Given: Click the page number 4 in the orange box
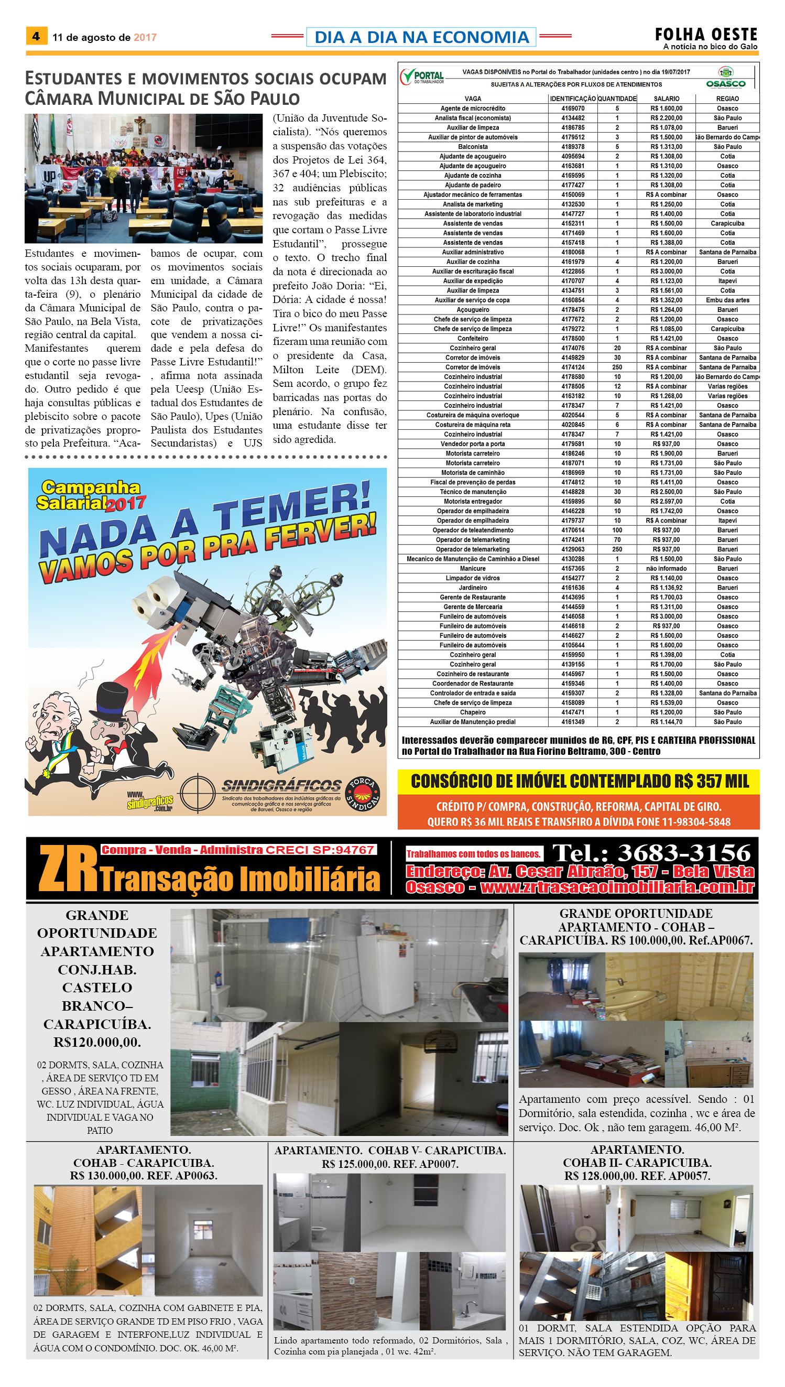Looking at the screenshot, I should (36, 36).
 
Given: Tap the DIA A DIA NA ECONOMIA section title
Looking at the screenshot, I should (421, 37).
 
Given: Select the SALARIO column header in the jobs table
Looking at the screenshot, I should (667, 99).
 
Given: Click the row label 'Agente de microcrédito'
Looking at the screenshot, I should (472, 109).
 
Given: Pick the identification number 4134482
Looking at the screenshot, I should (573, 118).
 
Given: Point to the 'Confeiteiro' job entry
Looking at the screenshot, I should (472, 339).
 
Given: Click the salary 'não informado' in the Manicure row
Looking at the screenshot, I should (667, 568).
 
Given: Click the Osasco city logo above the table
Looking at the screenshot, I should (726, 77).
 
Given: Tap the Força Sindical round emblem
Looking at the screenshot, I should (362, 794).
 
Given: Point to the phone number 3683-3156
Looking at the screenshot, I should (684, 853).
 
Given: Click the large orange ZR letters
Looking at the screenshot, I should (69, 869).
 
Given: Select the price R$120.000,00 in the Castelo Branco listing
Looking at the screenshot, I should (97, 1043).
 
